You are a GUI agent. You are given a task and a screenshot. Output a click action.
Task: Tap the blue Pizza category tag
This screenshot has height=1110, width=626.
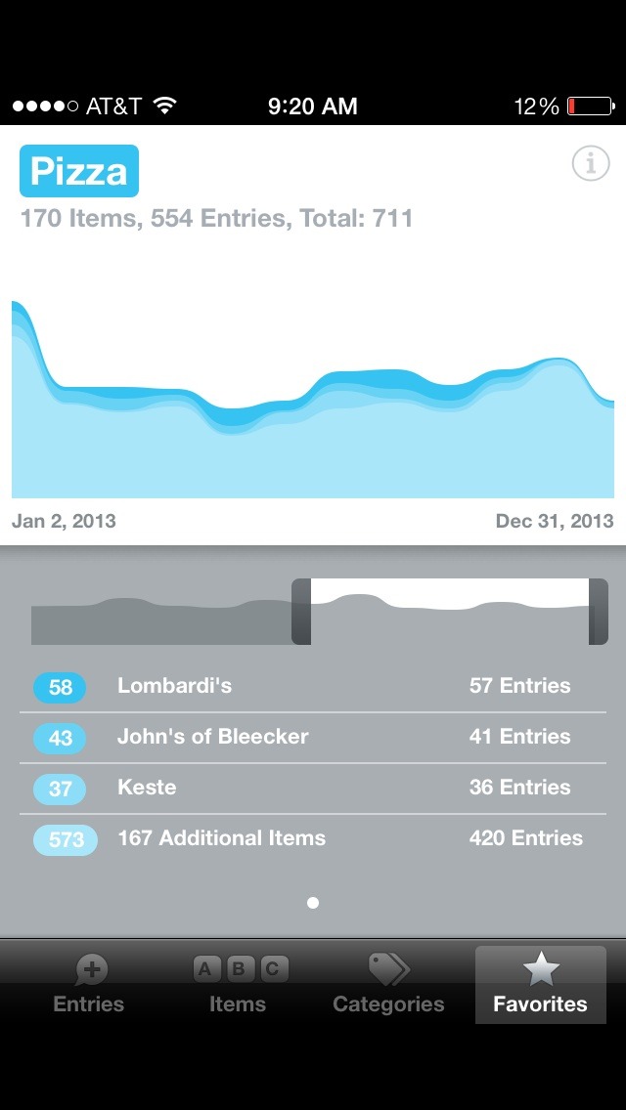tap(79, 171)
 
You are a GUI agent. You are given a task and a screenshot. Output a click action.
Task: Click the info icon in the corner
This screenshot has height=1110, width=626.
tap(590, 164)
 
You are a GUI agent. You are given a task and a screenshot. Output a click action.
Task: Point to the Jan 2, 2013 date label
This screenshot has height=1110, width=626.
tap(64, 521)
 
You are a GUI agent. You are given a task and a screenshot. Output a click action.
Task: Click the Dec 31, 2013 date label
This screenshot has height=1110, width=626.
tap(555, 521)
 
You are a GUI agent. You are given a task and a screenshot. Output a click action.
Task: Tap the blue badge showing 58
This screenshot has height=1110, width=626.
tap(60, 687)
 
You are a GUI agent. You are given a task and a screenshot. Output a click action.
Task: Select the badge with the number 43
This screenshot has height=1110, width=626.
tap(60, 738)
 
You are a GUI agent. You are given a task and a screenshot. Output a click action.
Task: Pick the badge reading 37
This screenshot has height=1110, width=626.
tap(60, 789)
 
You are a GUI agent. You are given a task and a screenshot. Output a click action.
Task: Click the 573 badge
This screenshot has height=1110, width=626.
tap(66, 839)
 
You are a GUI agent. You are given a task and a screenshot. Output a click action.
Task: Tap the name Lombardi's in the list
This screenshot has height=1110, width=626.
tap(174, 686)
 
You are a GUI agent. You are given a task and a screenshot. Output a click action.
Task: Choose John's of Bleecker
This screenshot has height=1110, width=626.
tap(212, 737)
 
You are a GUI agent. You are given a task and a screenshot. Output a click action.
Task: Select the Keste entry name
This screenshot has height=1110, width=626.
tap(147, 788)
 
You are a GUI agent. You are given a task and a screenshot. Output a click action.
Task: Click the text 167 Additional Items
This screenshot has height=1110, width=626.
tap(221, 838)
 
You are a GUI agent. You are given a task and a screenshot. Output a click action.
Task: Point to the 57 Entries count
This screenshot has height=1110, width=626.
tap(519, 686)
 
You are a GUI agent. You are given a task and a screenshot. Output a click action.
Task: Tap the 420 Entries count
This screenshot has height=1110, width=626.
tap(525, 838)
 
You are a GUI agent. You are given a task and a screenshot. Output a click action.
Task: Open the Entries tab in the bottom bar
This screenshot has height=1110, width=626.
tap(89, 985)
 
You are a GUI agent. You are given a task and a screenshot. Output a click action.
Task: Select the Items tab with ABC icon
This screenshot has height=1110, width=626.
tap(238, 985)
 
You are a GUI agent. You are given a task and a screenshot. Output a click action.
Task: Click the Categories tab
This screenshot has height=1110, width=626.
tap(388, 985)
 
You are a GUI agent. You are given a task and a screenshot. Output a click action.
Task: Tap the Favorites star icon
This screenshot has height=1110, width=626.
tap(541, 970)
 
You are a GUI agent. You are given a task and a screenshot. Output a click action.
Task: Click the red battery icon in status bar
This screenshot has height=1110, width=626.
tap(591, 107)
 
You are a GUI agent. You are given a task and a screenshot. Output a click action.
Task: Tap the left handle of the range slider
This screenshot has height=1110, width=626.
tap(301, 612)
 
